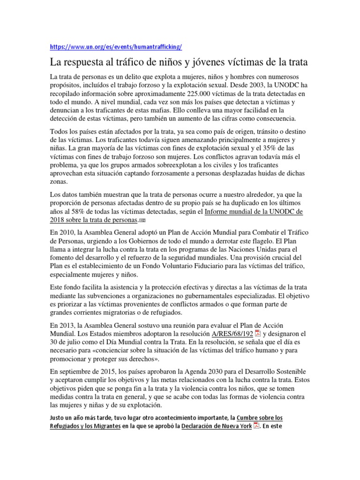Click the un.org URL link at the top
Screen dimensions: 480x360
115,47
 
